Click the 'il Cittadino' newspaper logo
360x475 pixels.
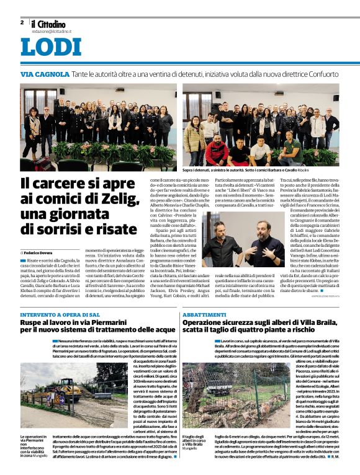53,24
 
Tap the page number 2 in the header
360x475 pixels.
22,22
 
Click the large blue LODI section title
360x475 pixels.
50,48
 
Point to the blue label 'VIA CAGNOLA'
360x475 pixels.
45,74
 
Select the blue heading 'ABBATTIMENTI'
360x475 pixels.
205,316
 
